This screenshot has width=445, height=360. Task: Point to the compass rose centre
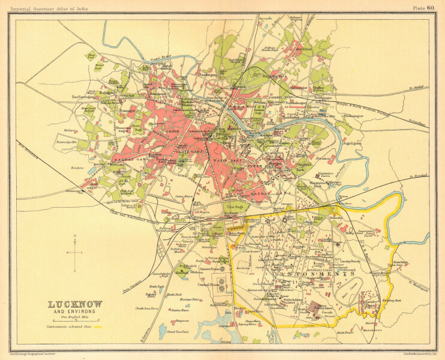74,253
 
